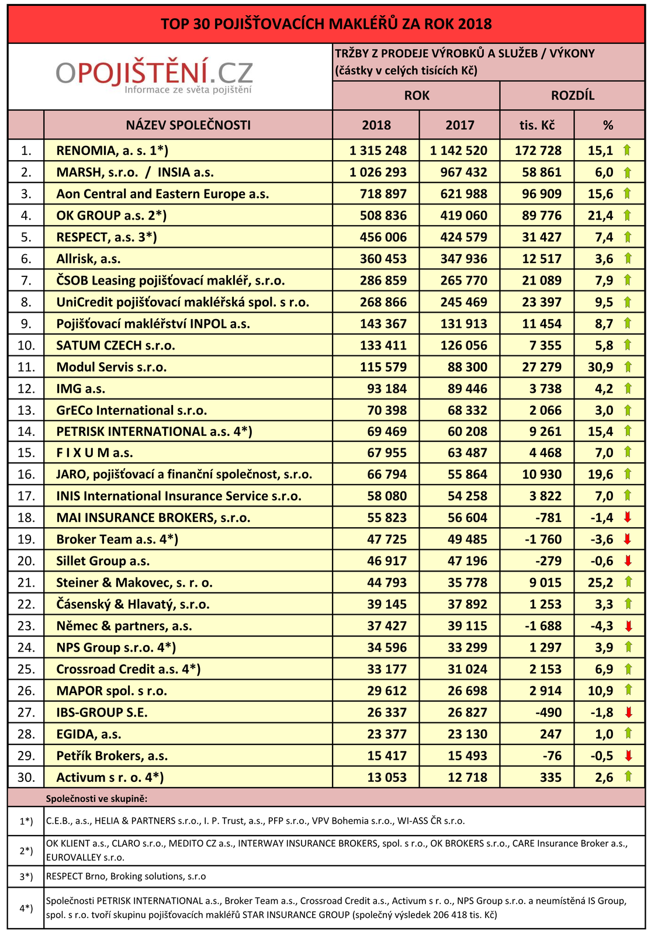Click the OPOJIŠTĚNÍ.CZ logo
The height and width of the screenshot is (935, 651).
155,77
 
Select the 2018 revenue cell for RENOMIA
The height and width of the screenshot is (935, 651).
378,150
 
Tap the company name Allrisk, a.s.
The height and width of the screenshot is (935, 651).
88,258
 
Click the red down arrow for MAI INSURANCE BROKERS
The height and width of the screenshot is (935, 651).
628,517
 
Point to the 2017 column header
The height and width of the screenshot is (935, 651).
459,125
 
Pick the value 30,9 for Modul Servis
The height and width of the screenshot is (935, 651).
600,367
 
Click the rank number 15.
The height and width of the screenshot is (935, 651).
26,452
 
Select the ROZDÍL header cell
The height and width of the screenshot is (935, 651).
572,95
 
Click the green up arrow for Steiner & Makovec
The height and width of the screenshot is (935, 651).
628,582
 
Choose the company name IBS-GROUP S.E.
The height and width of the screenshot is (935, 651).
102,712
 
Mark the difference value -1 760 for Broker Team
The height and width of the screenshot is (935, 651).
541,539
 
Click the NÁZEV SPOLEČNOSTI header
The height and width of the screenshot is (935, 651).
188,125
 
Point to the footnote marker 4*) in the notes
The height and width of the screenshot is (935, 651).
26,908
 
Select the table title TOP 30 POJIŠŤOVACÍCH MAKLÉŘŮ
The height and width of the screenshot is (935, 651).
326,24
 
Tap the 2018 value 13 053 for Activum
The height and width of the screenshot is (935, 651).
386,777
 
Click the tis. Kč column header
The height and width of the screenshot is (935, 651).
536,125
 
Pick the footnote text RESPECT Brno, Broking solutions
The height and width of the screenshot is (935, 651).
126,877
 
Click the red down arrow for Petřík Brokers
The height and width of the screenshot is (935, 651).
628,756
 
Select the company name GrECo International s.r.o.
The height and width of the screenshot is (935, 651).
131,410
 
